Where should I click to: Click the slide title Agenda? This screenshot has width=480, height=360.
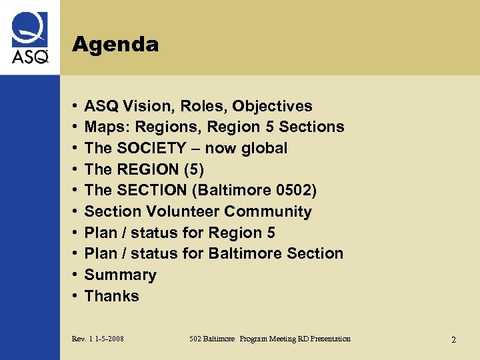(115, 45)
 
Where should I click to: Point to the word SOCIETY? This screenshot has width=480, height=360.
(148, 148)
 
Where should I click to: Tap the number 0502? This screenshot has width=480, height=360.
(293, 191)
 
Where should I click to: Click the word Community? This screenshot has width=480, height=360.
(268, 211)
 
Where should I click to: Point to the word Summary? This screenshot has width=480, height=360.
(121, 275)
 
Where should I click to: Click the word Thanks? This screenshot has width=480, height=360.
(112, 296)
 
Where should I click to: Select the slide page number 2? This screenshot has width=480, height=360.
(453, 340)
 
